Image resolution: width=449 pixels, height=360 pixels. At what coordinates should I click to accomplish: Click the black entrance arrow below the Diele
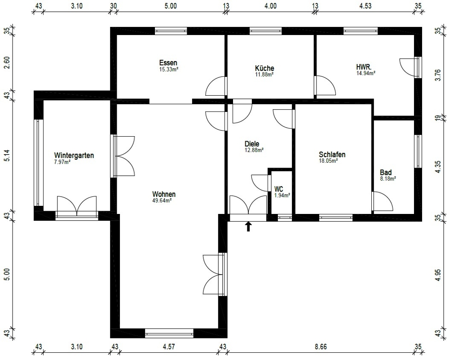click(x=248, y=226)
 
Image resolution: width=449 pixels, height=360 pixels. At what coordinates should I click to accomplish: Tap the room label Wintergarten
click(x=74, y=156)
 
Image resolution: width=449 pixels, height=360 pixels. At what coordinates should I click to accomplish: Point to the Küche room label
click(x=264, y=68)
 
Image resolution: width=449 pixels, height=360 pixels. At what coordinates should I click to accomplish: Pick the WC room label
click(x=278, y=189)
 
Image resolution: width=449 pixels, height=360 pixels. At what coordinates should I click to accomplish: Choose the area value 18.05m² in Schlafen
click(x=328, y=160)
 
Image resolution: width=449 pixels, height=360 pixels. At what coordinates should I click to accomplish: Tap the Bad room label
click(x=386, y=172)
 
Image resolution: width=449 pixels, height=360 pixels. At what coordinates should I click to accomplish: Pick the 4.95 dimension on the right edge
click(x=438, y=275)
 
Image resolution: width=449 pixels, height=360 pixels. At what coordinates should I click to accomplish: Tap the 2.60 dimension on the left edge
click(x=6, y=64)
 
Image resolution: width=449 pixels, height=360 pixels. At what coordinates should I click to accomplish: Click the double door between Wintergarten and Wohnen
click(x=124, y=156)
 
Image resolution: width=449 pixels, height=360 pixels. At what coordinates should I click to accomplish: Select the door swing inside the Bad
click(x=383, y=202)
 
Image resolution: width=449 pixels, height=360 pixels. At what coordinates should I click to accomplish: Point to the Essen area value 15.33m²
click(x=168, y=69)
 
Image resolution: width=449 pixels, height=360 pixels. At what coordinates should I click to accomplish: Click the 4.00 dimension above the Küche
click(x=270, y=6)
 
